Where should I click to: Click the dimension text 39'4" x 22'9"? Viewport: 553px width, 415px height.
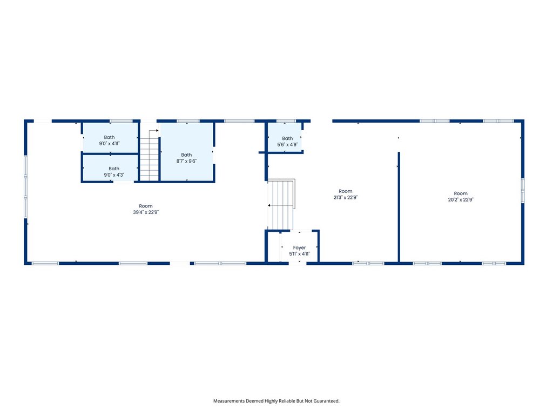146,212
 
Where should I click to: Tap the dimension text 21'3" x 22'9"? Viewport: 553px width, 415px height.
346,197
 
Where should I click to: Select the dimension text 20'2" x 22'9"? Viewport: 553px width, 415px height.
461,199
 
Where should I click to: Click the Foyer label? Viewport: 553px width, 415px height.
299,247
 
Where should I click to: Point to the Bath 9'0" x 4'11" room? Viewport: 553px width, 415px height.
110,138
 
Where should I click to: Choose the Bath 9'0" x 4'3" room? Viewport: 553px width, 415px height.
110,168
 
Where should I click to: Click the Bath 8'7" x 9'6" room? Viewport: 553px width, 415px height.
186,152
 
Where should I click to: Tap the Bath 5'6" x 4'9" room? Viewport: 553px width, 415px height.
285,137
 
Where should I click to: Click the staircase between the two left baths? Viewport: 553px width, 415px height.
149,155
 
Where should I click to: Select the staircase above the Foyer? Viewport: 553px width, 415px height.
281,204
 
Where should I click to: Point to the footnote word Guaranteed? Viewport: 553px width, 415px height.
326,401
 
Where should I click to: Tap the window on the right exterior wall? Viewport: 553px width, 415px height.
523,191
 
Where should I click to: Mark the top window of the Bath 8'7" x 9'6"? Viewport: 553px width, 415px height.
188,121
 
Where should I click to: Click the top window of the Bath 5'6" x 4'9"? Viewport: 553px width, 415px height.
286,121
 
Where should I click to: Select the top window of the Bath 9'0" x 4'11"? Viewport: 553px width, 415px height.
121,121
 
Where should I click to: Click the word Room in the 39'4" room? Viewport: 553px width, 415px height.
146,206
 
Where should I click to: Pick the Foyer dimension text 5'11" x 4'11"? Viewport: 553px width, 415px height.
299,254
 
